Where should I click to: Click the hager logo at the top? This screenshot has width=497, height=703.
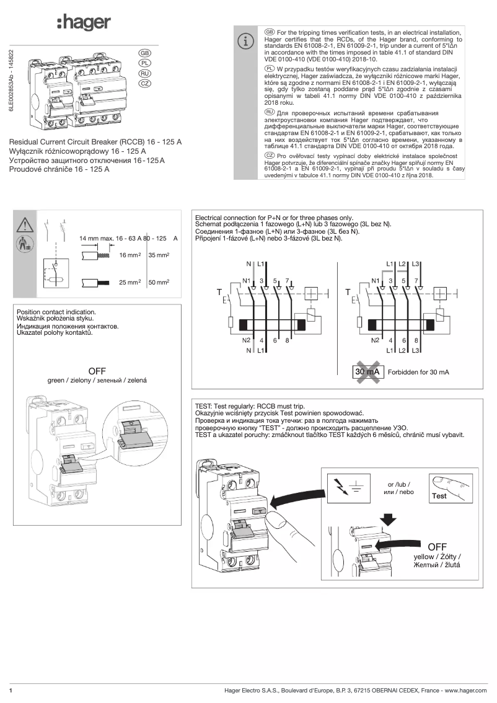point(84,23)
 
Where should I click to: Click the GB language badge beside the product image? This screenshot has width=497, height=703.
point(144,53)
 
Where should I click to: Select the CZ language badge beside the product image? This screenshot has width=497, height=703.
point(144,82)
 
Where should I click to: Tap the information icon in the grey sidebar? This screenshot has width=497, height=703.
point(247,42)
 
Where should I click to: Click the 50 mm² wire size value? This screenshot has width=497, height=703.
point(159,282)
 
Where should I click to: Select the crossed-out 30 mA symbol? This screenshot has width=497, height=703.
point(366,372)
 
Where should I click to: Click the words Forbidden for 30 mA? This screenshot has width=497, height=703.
point(418,373)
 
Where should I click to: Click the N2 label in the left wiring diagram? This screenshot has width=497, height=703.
point(246,340)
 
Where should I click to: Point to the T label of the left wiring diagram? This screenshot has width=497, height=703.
point(219,291)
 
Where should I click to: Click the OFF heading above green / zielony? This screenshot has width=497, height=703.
point(97,371)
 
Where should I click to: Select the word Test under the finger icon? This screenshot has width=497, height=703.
point(439,496)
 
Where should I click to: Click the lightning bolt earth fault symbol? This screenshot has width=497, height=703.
point(340,487)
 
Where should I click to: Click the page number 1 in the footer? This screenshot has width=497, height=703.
point(11,690)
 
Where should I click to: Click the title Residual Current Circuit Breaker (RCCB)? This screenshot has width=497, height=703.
point(96,142)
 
